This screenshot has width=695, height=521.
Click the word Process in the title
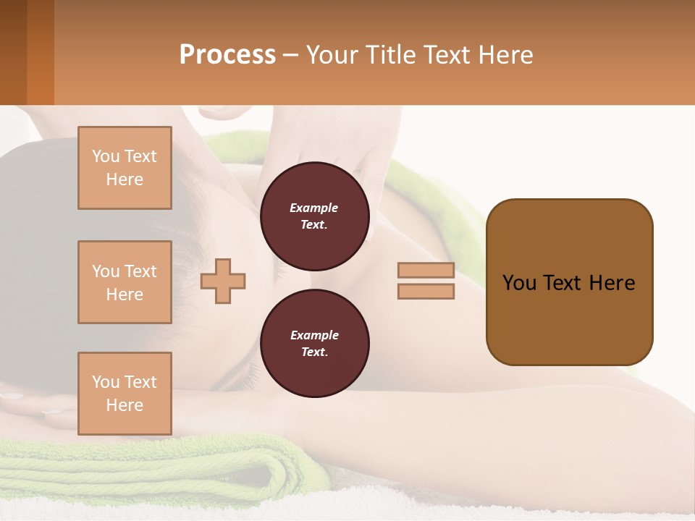click(227, 55)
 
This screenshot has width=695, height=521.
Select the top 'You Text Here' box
click(125, 168)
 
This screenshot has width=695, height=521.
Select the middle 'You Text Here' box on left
click(125, 282)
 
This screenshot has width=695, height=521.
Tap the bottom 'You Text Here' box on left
click(125, 393)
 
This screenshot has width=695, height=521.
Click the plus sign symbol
click(223, 280)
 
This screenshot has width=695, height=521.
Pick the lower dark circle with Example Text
click(314, 344)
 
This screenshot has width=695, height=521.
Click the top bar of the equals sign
click(426, 271)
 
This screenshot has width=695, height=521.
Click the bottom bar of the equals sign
click(426, 291)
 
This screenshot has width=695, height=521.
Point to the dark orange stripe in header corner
click(40, 52)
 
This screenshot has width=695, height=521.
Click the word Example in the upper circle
click(313, 208)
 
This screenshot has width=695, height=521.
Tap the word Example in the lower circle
click(314, 336)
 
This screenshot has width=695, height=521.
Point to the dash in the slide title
click(291, 56)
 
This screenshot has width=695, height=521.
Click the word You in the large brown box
click(519, 283)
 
